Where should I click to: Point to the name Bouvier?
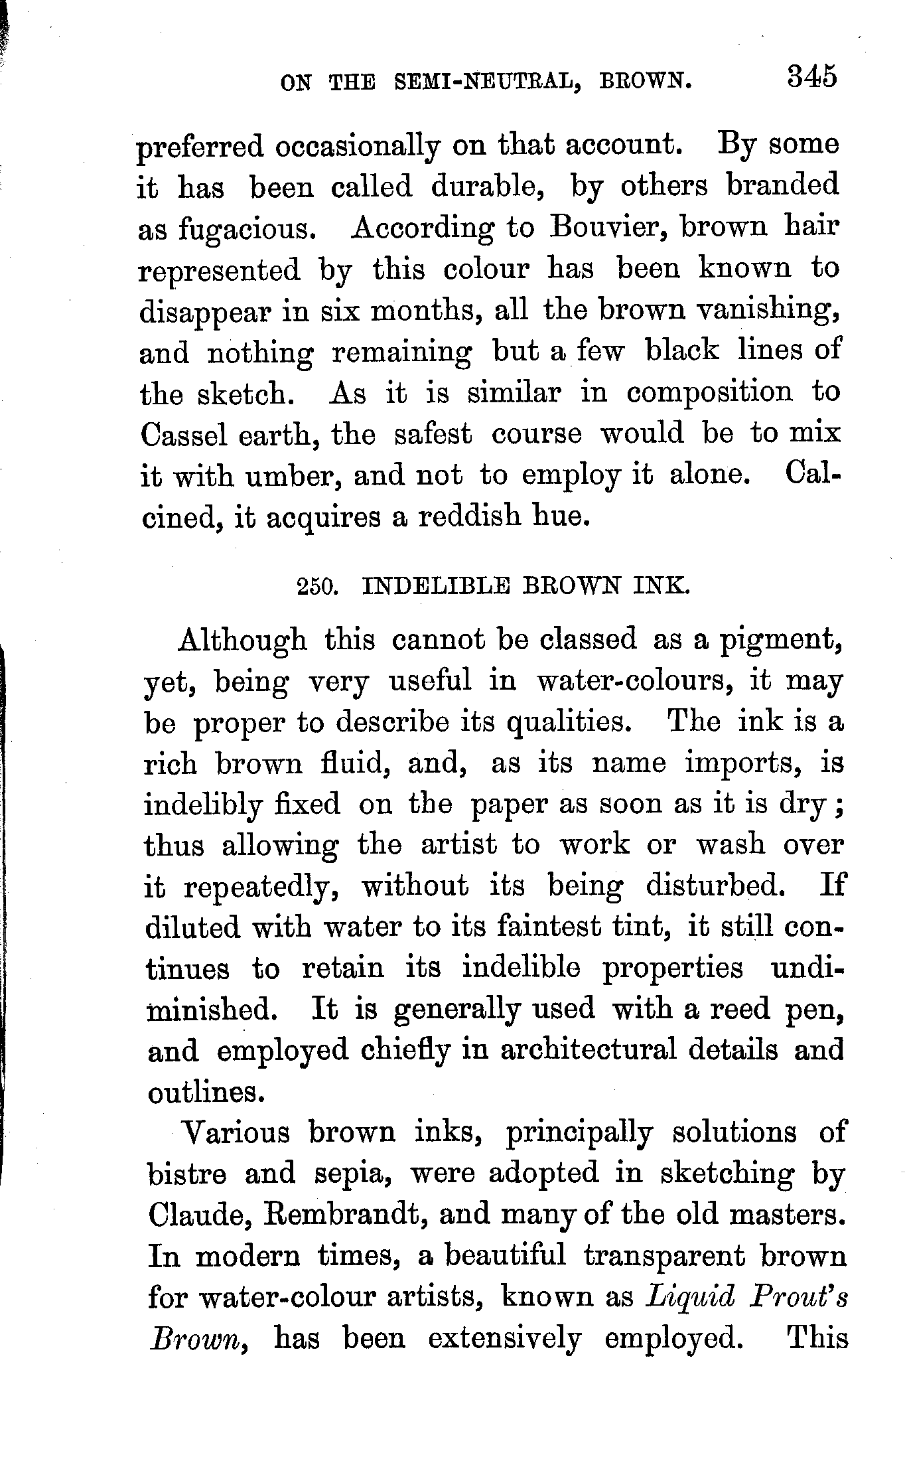605,228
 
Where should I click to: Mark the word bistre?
186,1174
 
